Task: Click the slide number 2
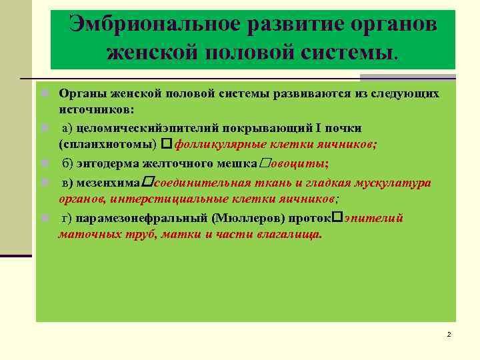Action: (x=449, y=334)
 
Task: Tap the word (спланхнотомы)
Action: (x=107, y=144)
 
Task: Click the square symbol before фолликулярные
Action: (x=166, y=144)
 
